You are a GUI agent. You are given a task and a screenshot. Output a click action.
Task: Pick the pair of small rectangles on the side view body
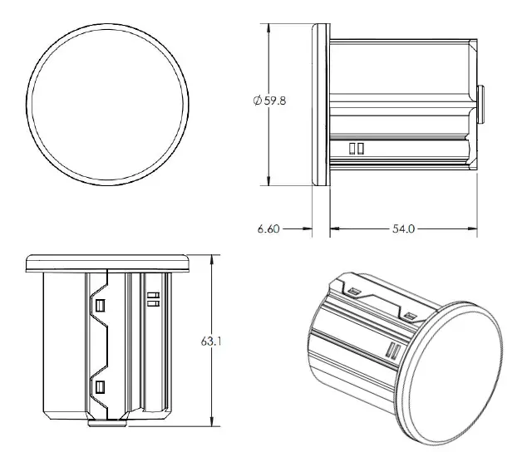pos(357,149)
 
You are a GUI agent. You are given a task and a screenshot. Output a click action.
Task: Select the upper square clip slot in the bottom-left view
pos(100,305)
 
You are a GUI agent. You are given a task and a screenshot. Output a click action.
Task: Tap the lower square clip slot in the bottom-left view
pos(100,386)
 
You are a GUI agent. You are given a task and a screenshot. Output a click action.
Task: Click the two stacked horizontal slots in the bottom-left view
pos(152,299)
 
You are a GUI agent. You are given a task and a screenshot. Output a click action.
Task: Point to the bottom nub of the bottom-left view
pos(107,422)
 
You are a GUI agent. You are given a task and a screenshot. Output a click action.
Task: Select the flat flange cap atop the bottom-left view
pos(108,263)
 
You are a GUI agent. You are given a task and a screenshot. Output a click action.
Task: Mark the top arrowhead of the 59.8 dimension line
pos(269,28)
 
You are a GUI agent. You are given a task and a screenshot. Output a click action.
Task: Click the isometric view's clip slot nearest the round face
pos(410,317)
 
